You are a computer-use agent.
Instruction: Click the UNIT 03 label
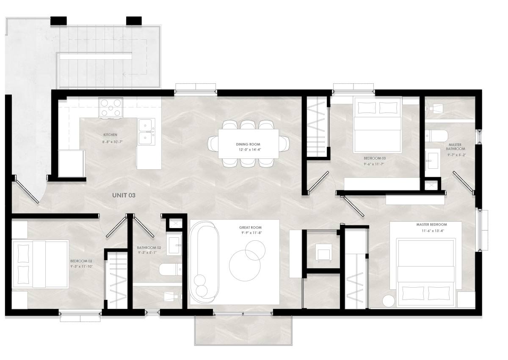[x=124, y=195]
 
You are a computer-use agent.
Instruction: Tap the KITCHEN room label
[x=110, y=135]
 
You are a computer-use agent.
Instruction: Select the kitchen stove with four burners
[x=110, y=107]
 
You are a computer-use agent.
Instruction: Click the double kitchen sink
[x=146, y=132]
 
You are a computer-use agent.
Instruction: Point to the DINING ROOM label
[x=248, y=144]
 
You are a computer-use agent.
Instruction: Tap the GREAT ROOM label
[x=250, y=228]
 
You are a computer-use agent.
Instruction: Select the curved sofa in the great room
[x=204, y=262]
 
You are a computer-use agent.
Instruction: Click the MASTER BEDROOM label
[x=431, y=225]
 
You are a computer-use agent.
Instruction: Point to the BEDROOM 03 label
[x=375, y=158]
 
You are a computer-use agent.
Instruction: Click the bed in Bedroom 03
[x=378, y=125]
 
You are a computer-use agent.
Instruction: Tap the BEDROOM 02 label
[x=81, y=261]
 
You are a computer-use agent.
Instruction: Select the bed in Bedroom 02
[x=40, y=264]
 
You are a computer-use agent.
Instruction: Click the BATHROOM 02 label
[x=149, y=247]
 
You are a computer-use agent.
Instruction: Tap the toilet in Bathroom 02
[x=171, y=269]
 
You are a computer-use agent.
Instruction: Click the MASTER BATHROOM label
[x=456, y=147]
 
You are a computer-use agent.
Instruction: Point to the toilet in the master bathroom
[x=436, y=136]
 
